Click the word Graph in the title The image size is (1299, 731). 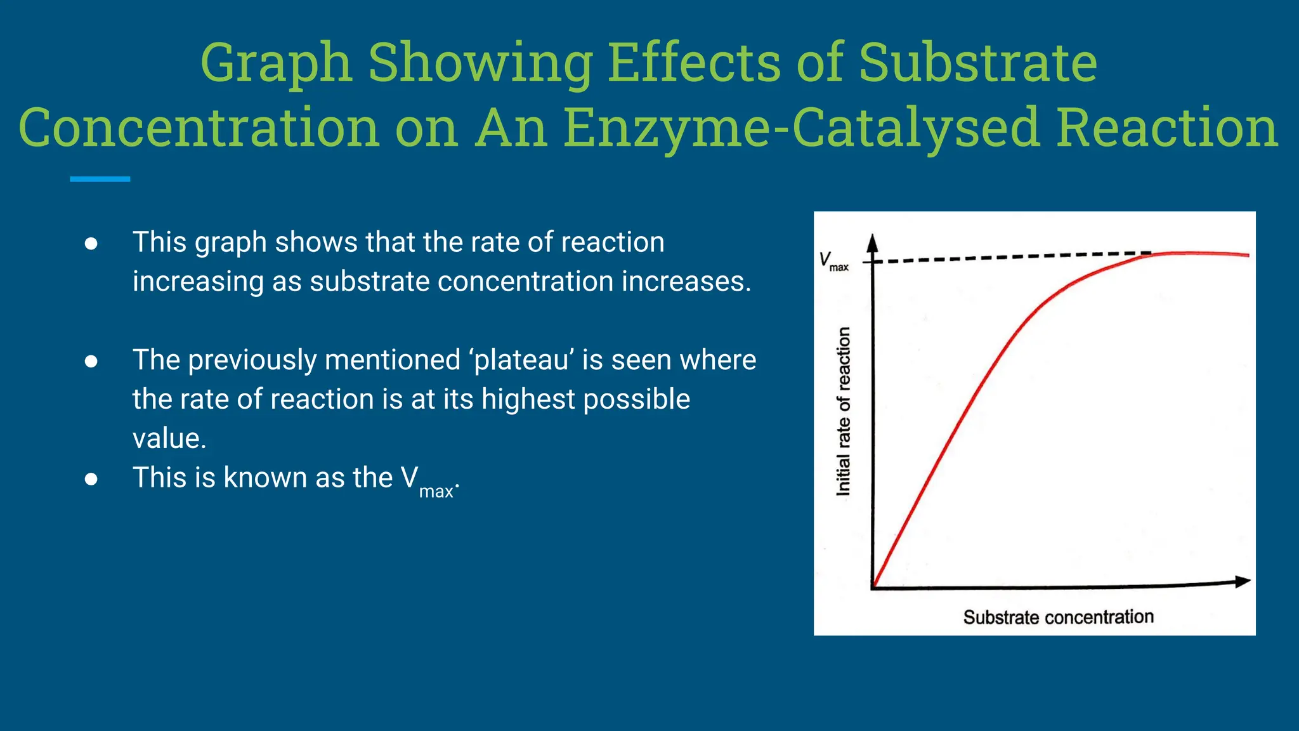click(x=276, y=63)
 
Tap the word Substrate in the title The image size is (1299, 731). click(x=978, y=63)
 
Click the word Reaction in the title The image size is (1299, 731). click(x=1167, y=128)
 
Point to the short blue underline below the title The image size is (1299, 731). click(x=100, y=180)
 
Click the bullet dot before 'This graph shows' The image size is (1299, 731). click(x=91, y=244)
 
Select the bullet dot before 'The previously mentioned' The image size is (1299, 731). click(x=91, y=362)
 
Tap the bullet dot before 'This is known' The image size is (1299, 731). click(x=91, y=479)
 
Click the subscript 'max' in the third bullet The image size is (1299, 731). click(x=436, y=492)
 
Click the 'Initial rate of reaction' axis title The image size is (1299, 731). click(x=843, y=411)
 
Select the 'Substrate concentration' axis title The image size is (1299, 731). click(x=1058, y=617)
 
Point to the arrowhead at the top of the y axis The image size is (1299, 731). click(x=873, y=242)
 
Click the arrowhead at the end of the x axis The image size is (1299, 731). click(x=1242, y=581)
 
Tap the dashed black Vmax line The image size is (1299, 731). click(x=1015, y=257)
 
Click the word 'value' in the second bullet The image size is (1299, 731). click(x=168, y=438)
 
